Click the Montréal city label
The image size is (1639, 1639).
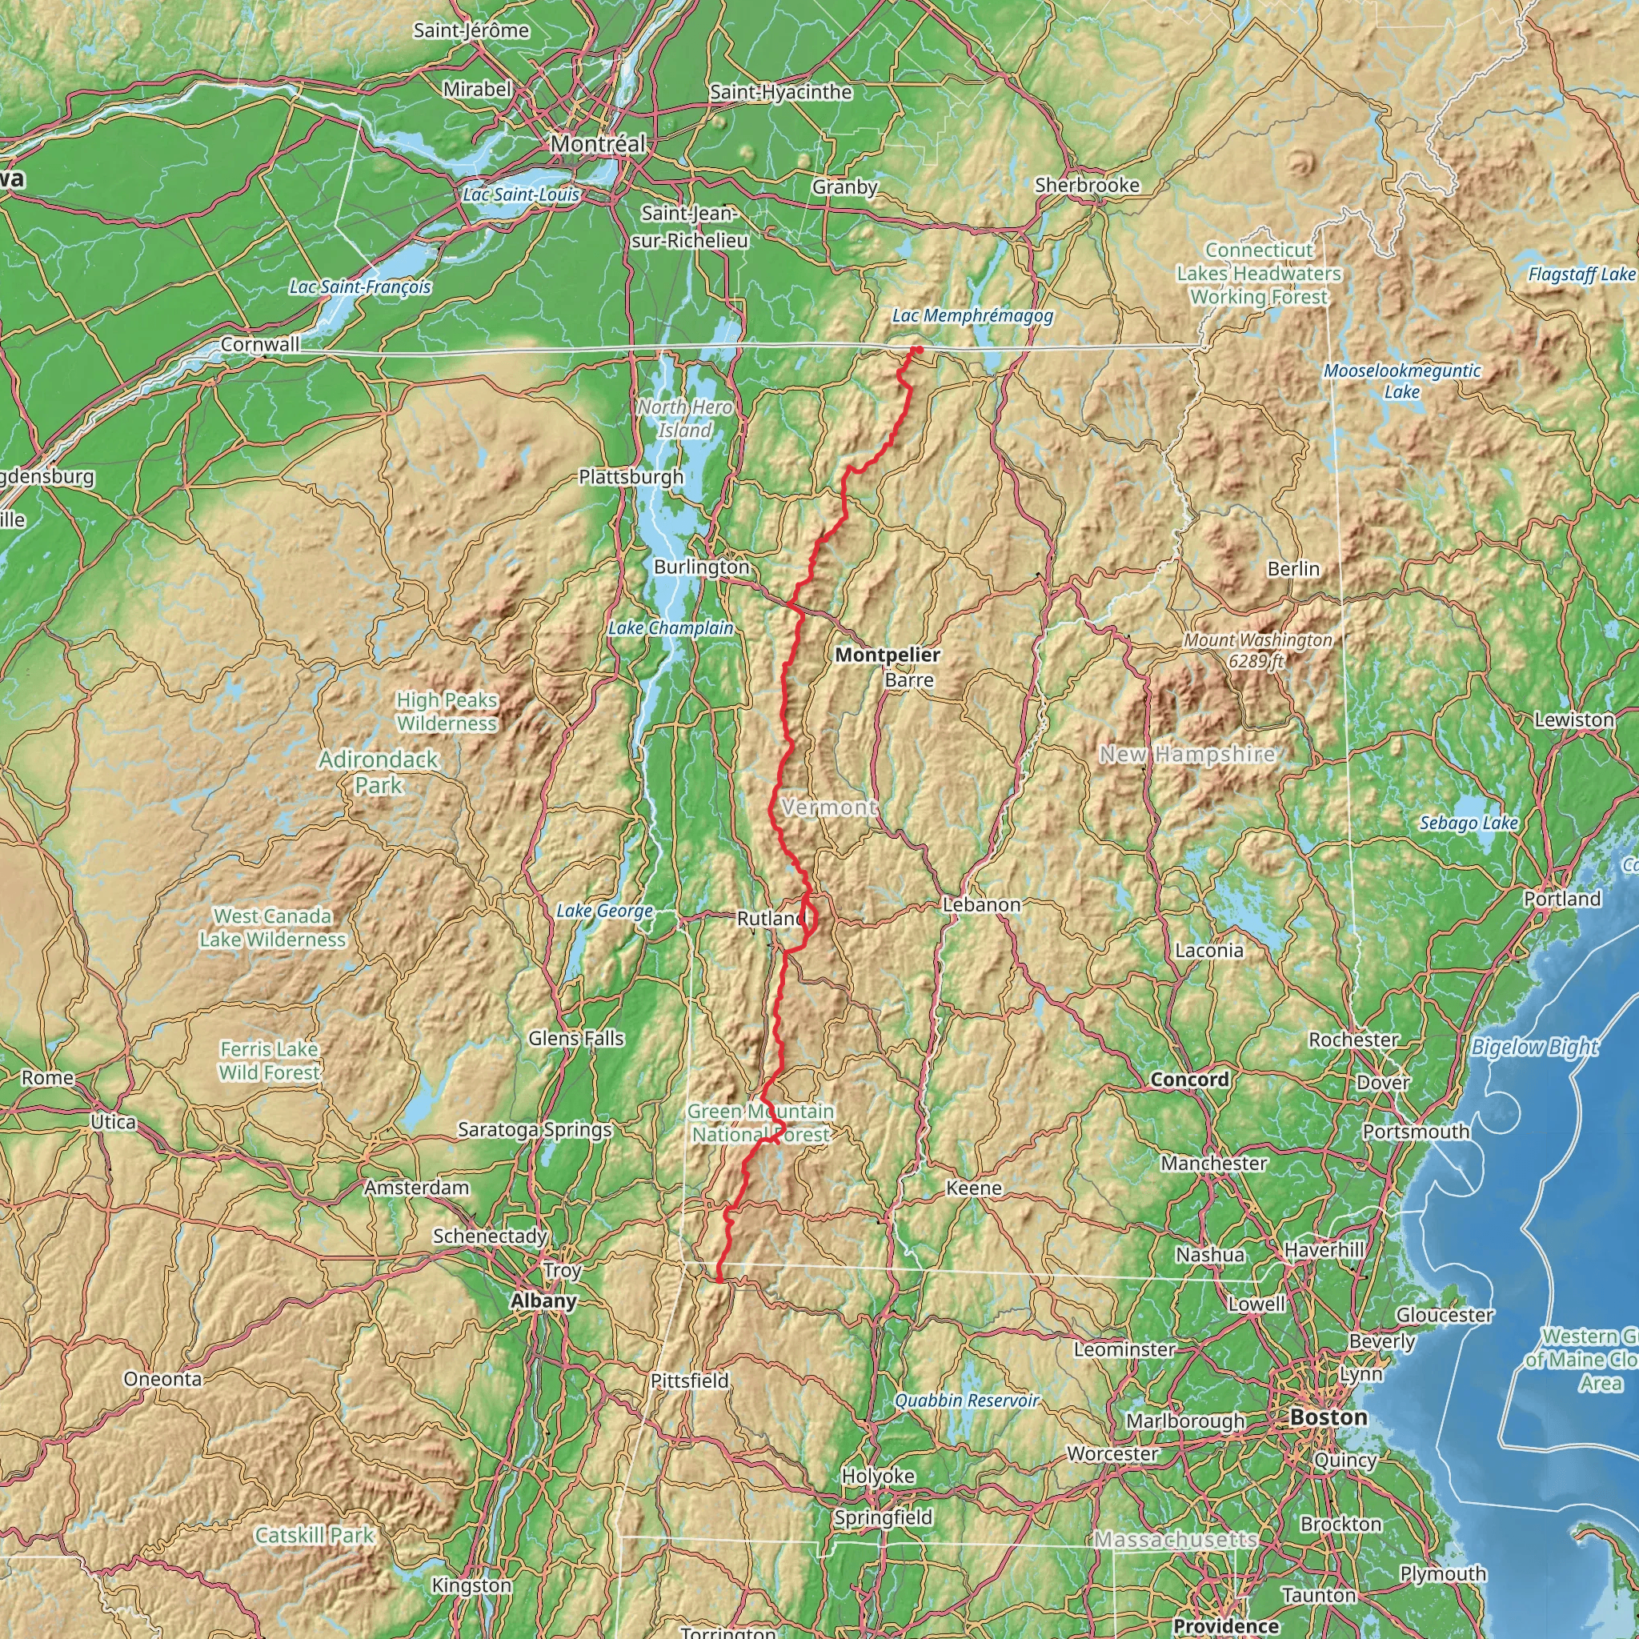(598, 143)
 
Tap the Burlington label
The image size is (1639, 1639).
(702, 566)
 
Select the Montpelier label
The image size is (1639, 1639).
(888, 654)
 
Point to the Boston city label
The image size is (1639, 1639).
(1328, 1417)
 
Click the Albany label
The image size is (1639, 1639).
(543, 1300)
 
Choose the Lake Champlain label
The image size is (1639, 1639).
(670, 627)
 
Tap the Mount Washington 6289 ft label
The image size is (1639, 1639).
(1257, 650)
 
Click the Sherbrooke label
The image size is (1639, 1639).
(1087, 184)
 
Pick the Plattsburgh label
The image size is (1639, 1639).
(631, 476)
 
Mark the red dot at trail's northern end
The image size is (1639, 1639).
(919, 350)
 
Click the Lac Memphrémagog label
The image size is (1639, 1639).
(972, 315)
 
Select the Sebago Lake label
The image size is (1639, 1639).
(1469, 822)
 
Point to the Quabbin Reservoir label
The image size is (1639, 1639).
(966, 1400)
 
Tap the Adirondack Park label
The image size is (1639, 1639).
(379, 772)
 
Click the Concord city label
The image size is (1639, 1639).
(1189, 1079)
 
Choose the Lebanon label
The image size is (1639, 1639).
(981, 904)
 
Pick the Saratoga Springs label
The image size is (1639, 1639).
(535, 1129)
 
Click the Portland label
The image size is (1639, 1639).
(1562, 899)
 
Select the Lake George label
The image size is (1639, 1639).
(604, 910)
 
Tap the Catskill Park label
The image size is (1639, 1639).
(314, 1535)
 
